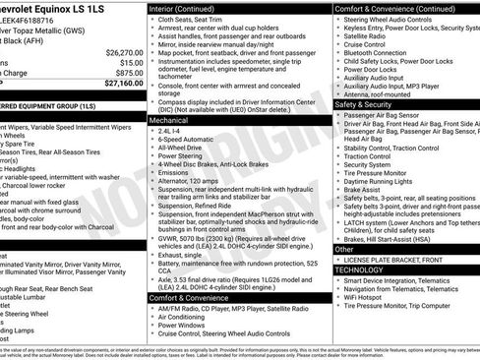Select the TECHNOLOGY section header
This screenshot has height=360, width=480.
(359, 269)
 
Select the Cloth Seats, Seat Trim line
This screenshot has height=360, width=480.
(196, 19)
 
